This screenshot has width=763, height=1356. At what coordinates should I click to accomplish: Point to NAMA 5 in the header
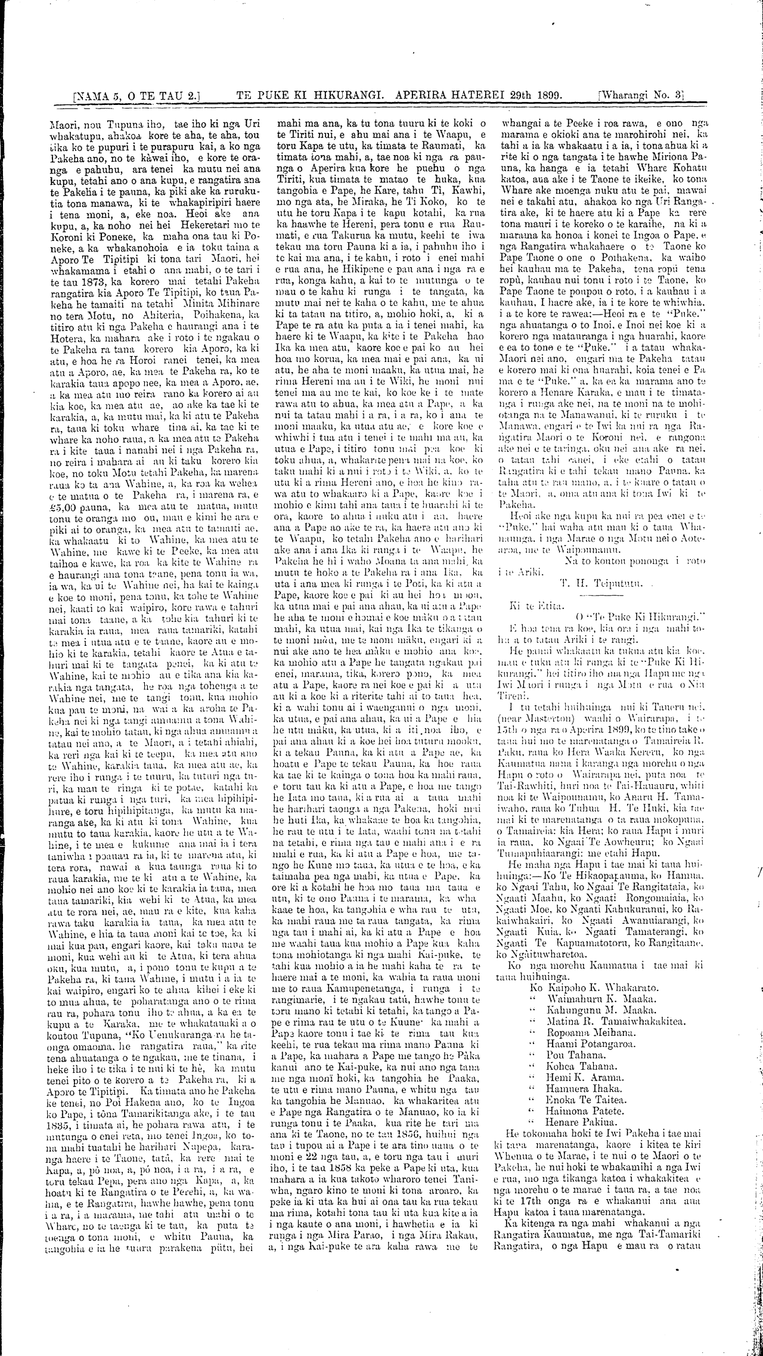98,95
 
